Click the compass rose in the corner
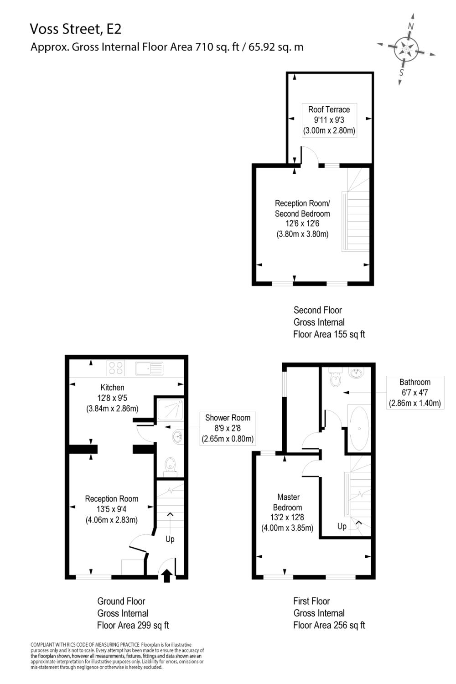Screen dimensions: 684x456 point(405,49)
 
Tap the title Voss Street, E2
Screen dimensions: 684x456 point(76,29)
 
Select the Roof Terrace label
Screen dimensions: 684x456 point(329,109)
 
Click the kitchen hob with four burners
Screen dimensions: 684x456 point(116,368)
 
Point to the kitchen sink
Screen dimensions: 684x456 point(149,368)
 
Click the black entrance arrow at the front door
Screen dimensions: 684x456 point(167,575)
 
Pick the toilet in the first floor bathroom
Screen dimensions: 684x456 point(336,378)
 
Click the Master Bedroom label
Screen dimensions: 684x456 point(288,502)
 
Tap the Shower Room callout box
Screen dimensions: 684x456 point(228,429)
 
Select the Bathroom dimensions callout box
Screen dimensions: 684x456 point(415,393)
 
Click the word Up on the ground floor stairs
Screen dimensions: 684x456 point(170,539)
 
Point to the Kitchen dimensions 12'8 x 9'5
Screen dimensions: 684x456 point(112,398)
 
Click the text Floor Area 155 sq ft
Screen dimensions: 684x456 point(329,334)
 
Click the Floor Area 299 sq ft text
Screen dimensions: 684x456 point(133,625)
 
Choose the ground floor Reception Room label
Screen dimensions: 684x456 point(111,499)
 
